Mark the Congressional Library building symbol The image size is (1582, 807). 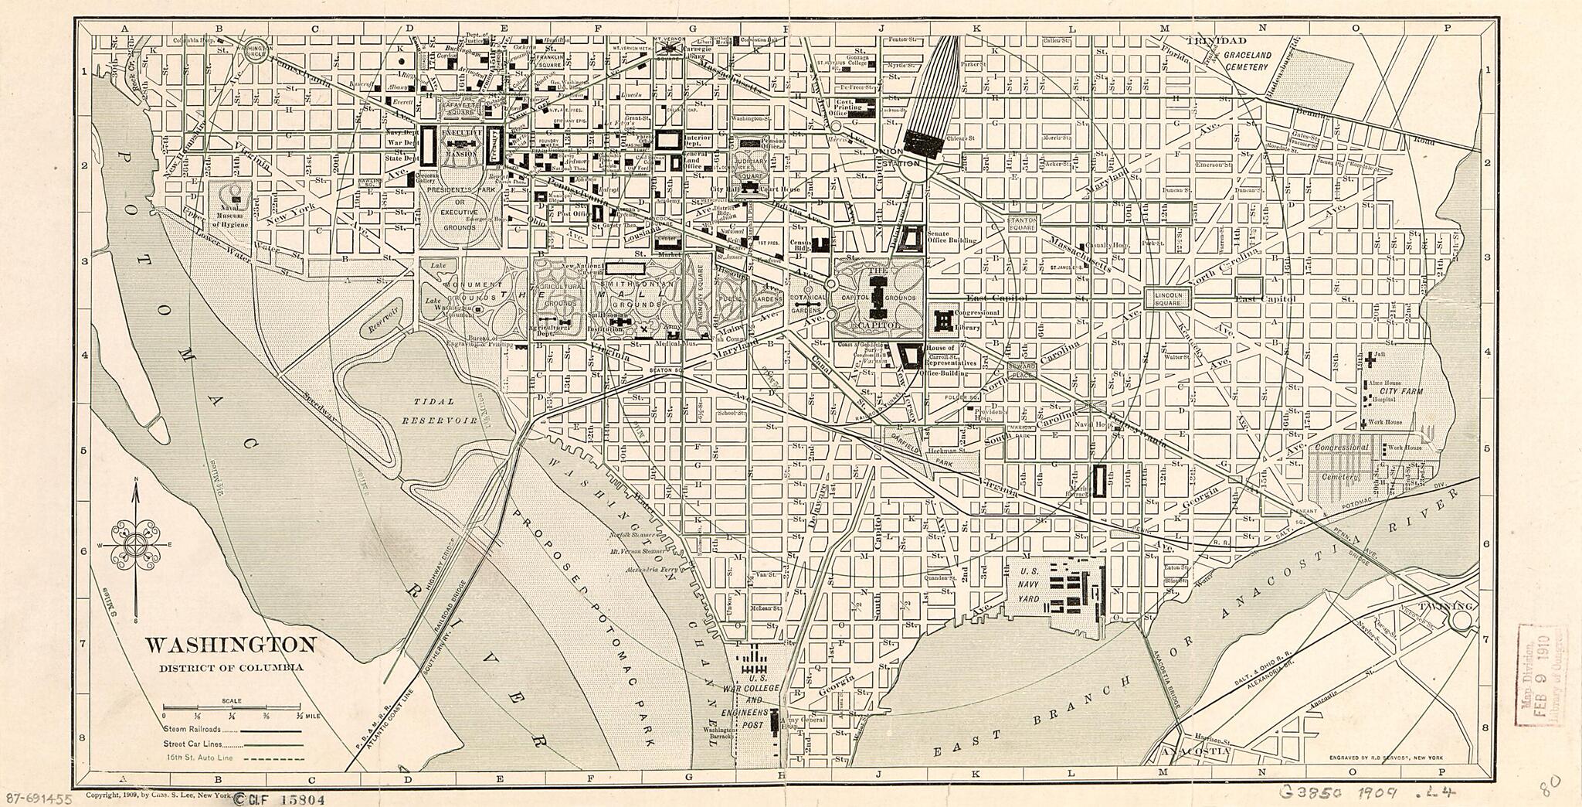943,319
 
